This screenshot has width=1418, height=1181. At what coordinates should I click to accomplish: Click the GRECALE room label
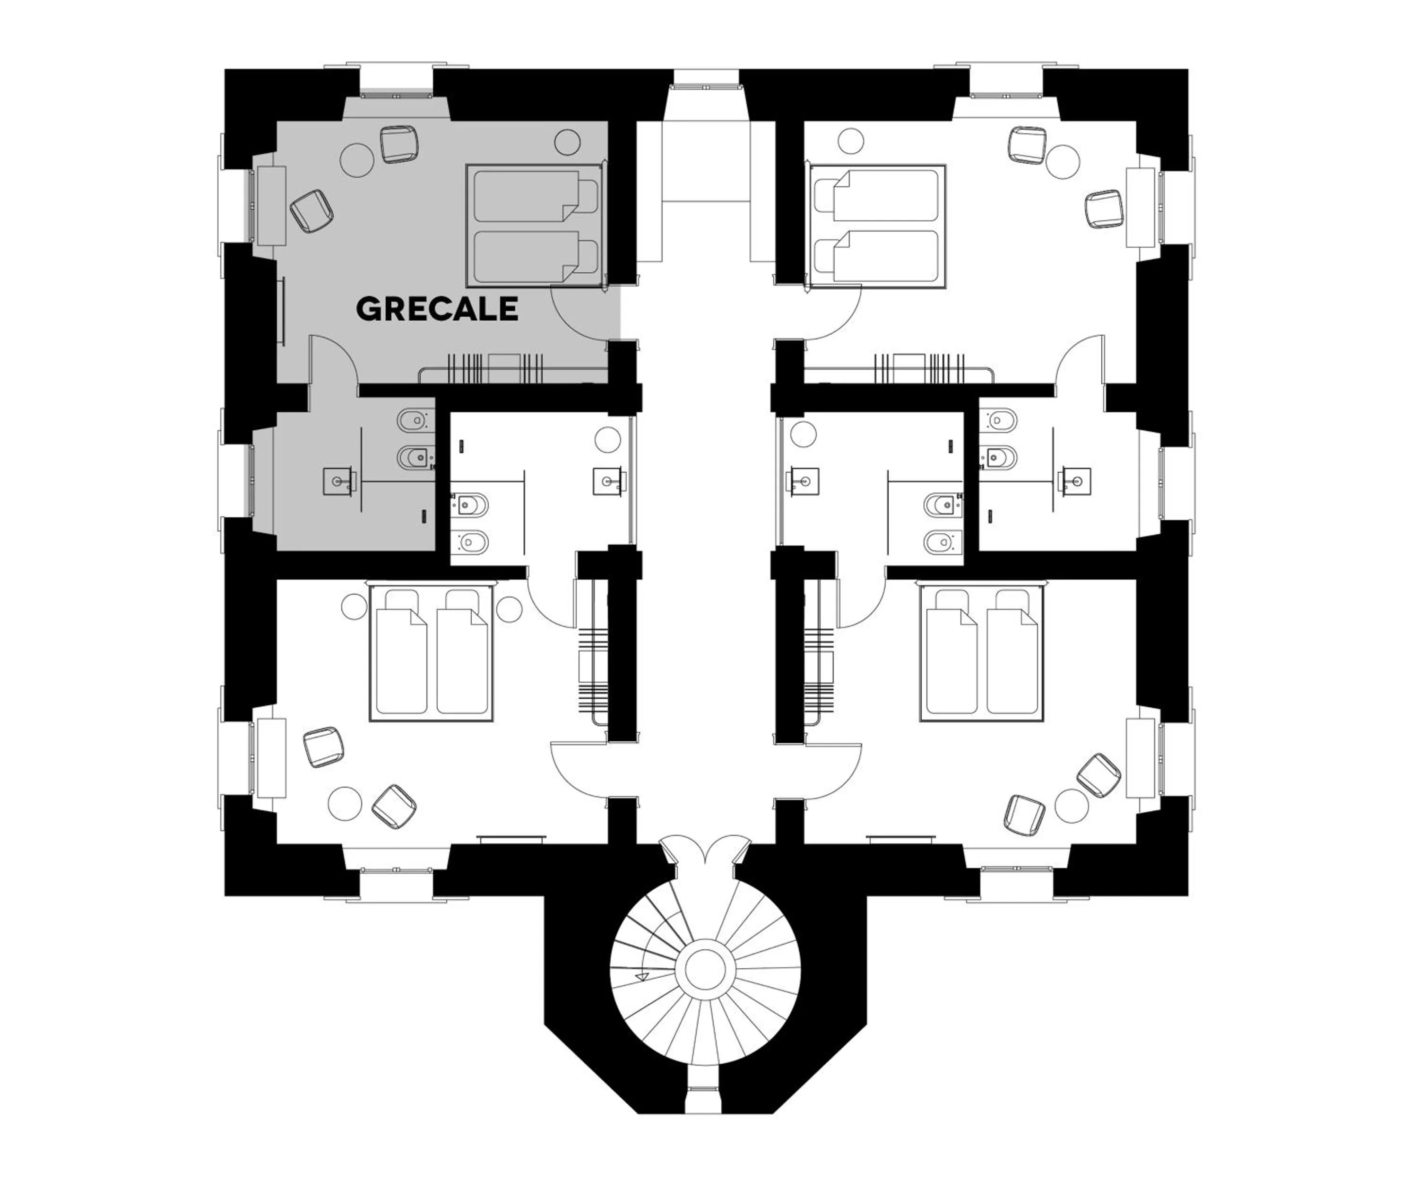[x=437, y=309]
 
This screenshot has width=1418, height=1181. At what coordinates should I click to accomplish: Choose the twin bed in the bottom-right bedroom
[x=981, y=653]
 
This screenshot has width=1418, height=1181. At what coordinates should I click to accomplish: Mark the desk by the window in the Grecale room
[x=271, y=205]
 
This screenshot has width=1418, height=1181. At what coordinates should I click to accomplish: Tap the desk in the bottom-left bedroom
[x=271, y=757]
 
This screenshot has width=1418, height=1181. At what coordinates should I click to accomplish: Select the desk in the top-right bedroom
[x=1141, y=207]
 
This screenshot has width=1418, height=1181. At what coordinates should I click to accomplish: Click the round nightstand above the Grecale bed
[x=567, y=142]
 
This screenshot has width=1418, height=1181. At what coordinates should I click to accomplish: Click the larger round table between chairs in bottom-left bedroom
[x=345, y=804]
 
